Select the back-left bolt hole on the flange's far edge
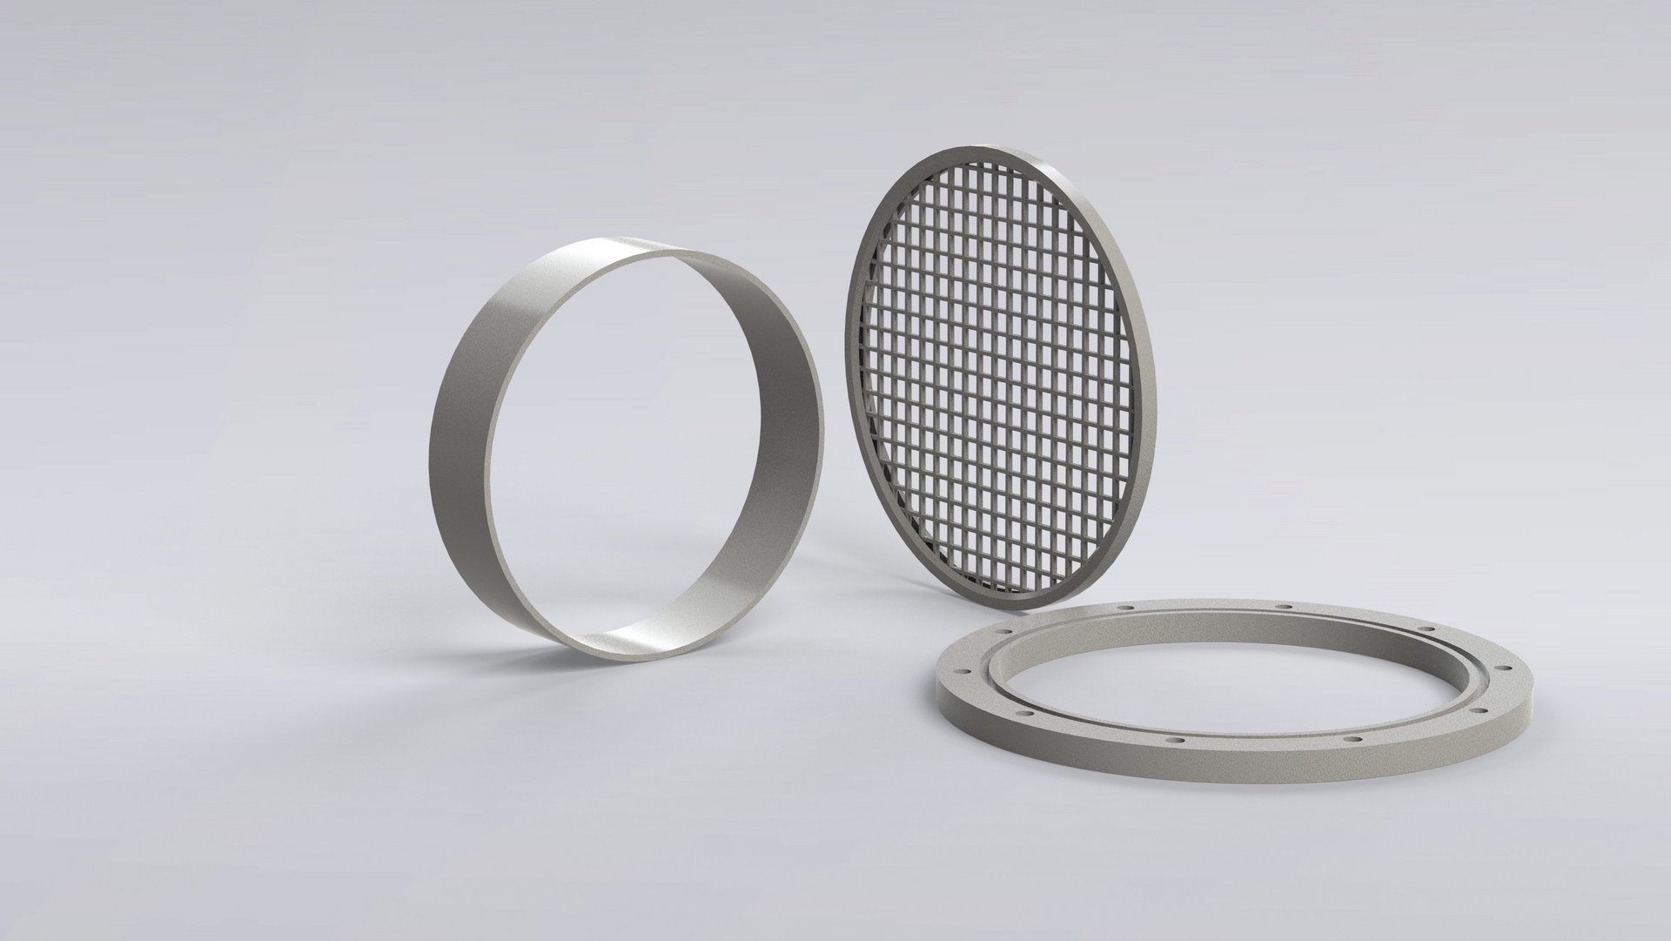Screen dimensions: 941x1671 [x=1127, y=608]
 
